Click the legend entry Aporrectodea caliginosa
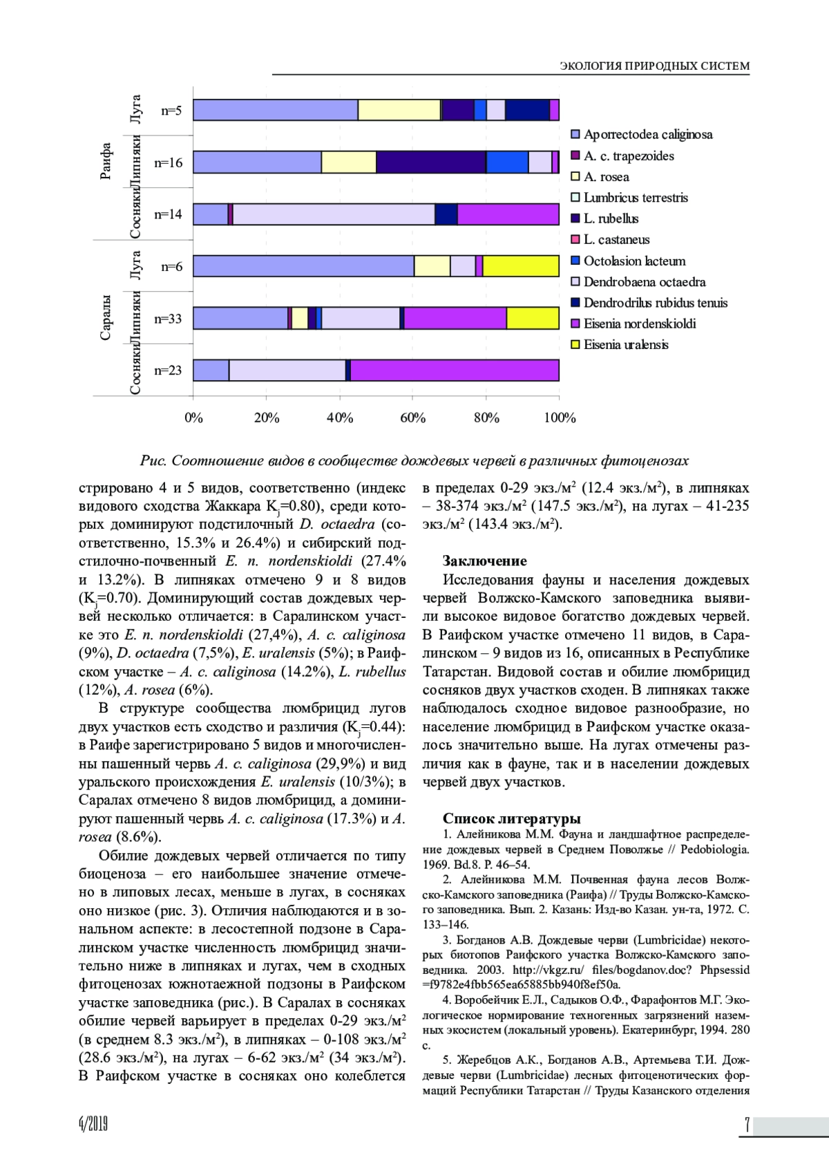[x=647, y=134]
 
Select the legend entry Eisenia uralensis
[x=625, y=344]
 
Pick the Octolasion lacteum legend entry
[x=634, y=261]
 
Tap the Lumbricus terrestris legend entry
[x=635, y=198]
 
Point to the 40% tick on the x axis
[x=339, y=417]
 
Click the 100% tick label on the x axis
[x=560, y=417]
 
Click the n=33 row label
[x=168, y=319]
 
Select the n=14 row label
[x=168, y=214]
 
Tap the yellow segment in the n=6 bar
[x=521, y=266]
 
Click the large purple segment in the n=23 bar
[x=455, y=370]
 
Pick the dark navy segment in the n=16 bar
[x=431, y=162]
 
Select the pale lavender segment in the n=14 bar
[x=334, y=214]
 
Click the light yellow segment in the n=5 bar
[x=399, y=110]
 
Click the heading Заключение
[x=484, y=561]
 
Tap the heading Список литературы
[x=511, y=818]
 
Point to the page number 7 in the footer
[x=747, y=1125]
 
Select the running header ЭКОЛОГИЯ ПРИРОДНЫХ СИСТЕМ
[x=654, y=66]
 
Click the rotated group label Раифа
[x=106, y=162]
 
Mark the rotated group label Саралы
[x=106, y=317]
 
